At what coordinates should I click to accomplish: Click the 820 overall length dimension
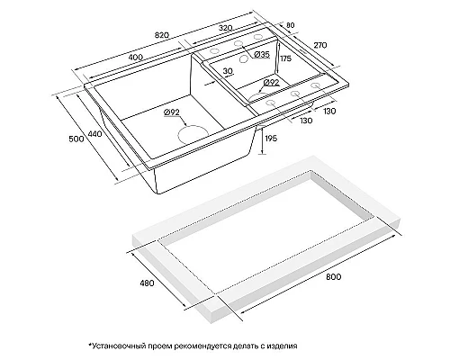pos(162,35)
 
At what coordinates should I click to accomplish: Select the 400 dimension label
pos(135,58)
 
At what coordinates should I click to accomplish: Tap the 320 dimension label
pos(225,28)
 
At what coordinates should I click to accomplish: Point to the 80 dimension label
pos(291,25)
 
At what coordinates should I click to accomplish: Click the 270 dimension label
pos(319,45)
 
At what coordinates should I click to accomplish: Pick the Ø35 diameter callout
pos(262,54)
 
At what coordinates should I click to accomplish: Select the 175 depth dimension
pos(285,58)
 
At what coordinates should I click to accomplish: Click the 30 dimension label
pos(228,71)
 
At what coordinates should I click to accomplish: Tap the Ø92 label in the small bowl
pos(271,83)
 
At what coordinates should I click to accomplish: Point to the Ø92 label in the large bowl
pos(172,112)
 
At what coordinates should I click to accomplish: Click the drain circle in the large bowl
pos(193,134)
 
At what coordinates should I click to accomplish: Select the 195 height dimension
pos(271,139)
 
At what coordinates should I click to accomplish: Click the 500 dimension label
pos(76,139)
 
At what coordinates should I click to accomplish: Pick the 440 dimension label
pos(94,134)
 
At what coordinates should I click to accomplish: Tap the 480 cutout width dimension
pos(147,283)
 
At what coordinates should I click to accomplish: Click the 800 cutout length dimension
pos(333,276)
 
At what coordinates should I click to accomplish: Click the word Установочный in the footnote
pos(120,346)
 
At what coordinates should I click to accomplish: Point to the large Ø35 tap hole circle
pos(244,59)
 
